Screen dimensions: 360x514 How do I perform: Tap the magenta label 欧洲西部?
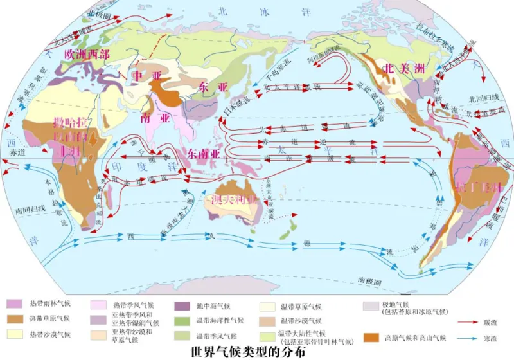click(x=87, y=55)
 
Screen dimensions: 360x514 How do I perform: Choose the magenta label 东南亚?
click(x=204, y=154)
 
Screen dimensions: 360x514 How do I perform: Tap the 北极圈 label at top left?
click(x=100, y=13)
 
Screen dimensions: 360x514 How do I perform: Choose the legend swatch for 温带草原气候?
click(x=269, y=306)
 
